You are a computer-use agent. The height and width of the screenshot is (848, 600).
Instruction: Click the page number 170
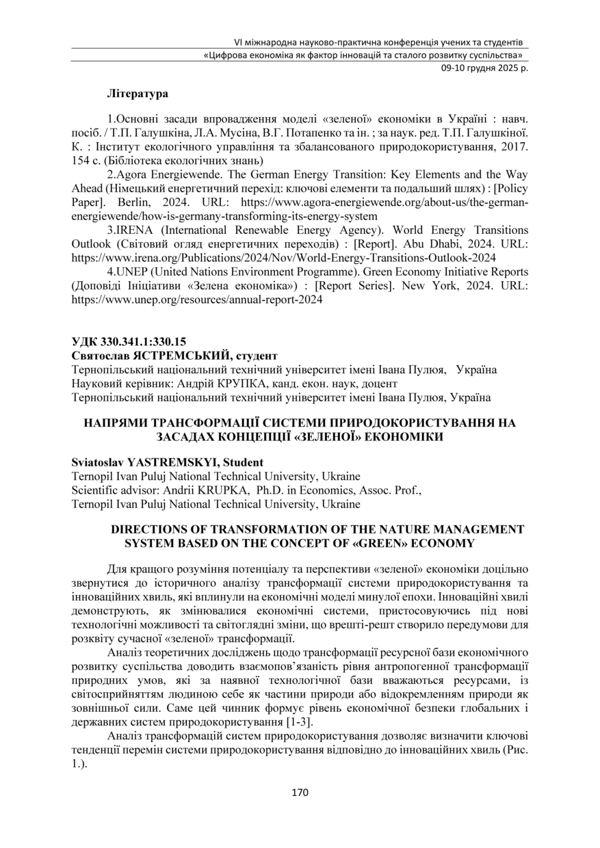(x=300, y=793)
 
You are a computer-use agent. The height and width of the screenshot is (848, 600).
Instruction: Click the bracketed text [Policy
(x=507, y=188)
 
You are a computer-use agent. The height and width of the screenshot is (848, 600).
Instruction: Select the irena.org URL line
(x=284, y=258)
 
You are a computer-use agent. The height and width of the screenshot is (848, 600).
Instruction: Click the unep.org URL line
(x=197, y=300)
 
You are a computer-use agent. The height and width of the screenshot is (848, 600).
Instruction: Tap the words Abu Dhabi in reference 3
(x=426, y=243)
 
